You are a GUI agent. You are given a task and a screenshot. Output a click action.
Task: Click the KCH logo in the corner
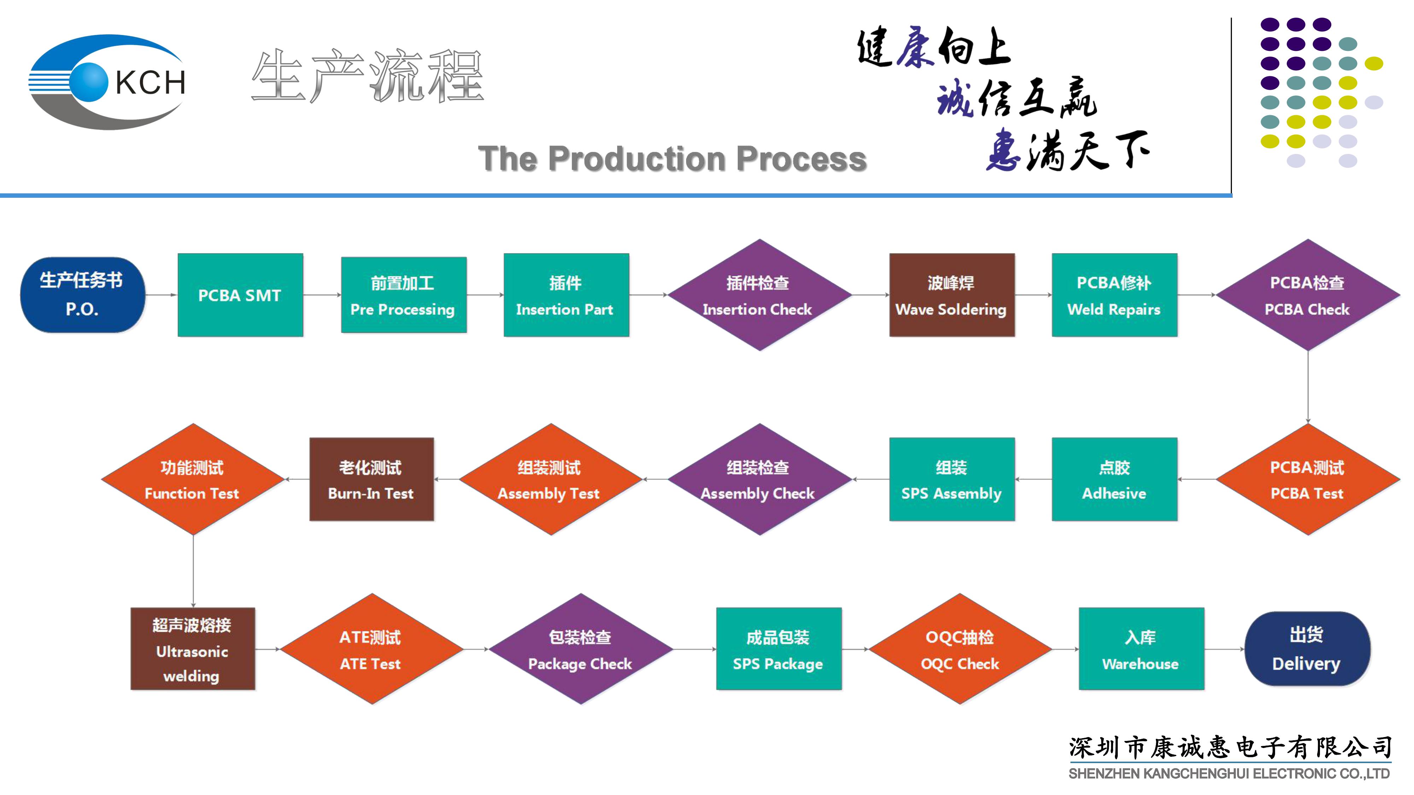tap(107, 82)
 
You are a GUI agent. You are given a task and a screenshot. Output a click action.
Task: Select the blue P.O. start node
tap(82, 295)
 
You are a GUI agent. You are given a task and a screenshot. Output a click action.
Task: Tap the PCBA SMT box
tap(240, 295)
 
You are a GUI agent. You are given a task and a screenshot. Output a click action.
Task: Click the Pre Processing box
tap(403, 295)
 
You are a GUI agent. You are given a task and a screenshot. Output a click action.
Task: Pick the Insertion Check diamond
tap(759, 295)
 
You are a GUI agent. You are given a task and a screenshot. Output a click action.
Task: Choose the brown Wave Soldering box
tap(951, 295)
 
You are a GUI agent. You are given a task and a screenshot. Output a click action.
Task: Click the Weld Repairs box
tap(1114, 295)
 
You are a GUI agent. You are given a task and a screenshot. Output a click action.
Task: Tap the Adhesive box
tap(1114, 479)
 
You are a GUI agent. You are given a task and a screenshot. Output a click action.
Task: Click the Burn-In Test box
tap(371, 479)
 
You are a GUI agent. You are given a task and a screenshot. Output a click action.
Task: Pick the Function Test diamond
tap(192, 479)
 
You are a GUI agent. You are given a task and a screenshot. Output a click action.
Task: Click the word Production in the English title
tap(637, 159)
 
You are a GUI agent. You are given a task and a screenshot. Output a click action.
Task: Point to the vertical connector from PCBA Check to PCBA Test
tap(1308, 387)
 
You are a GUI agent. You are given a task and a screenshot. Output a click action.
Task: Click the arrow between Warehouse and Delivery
tap(1224, 649)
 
